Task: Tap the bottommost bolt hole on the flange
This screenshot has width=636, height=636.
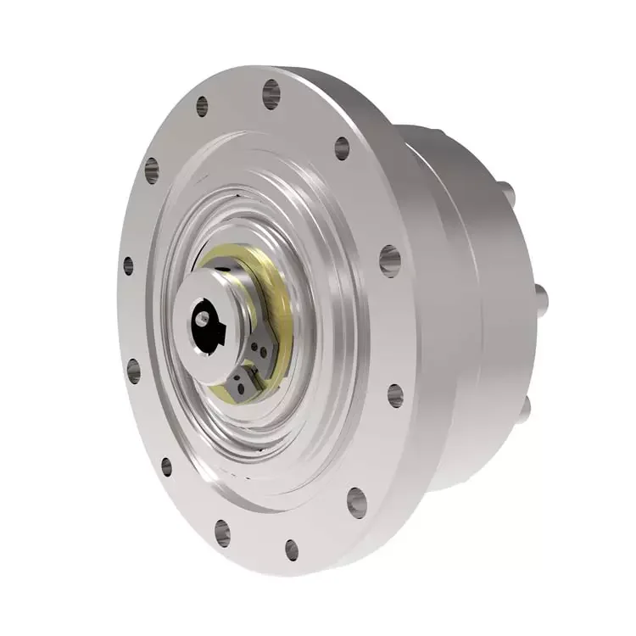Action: pyautogui.click(x=291, y=550)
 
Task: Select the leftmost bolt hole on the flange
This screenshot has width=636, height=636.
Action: pyautogui.click(x=128, y=265)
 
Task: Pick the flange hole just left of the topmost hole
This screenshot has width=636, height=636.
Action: pyautogui.click(x=202, y=106)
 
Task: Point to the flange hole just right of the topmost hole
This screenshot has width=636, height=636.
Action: pyautogui.click(x=342, y=148)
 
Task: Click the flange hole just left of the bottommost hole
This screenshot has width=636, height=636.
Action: pyautogui.click(x=222, y=532)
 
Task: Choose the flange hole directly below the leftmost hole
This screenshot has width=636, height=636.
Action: pyautogui.click(x=133, y=371)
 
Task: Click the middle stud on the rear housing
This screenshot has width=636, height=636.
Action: pyautogui.click(x=540, y=297)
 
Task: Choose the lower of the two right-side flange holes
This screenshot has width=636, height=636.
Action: pyautogui.click(x=395, y=395)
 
